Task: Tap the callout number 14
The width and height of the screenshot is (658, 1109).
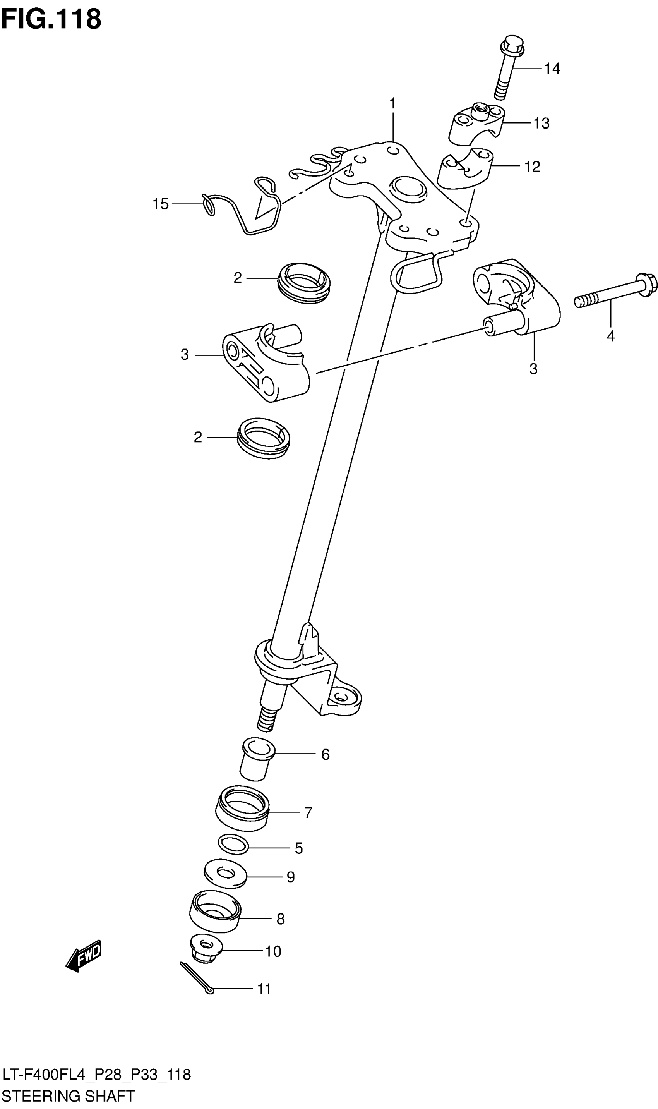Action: [552, 69]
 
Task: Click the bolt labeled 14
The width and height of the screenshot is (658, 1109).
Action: [508, 67]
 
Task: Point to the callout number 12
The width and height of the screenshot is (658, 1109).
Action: [532, 167]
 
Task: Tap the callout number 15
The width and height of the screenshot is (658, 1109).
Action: [161, 204]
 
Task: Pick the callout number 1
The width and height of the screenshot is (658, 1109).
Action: [392, 103]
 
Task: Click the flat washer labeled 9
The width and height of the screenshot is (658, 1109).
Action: [225, 874]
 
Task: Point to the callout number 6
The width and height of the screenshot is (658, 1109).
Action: [325, 755]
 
